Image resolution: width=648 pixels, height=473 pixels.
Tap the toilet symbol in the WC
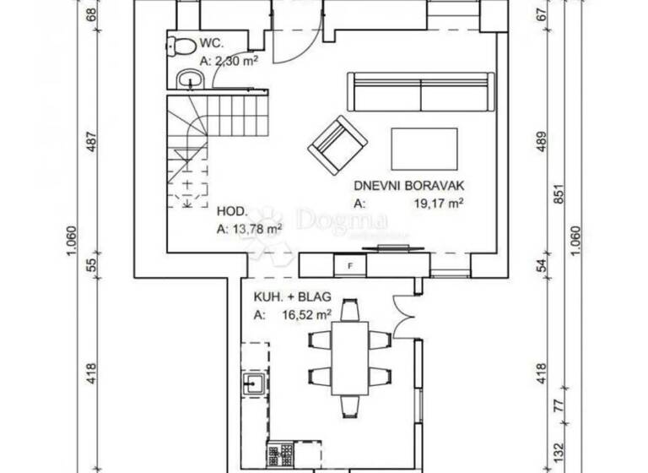coord(177,46)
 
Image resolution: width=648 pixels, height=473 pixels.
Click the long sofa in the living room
coord(420,92)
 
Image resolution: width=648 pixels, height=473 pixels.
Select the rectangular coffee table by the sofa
coord(424,148)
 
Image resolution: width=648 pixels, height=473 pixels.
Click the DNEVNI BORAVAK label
coord(409,187)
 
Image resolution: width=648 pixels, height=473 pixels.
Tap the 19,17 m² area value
coord(435,204)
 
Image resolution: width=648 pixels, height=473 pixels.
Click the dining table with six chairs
coord(349,355)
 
